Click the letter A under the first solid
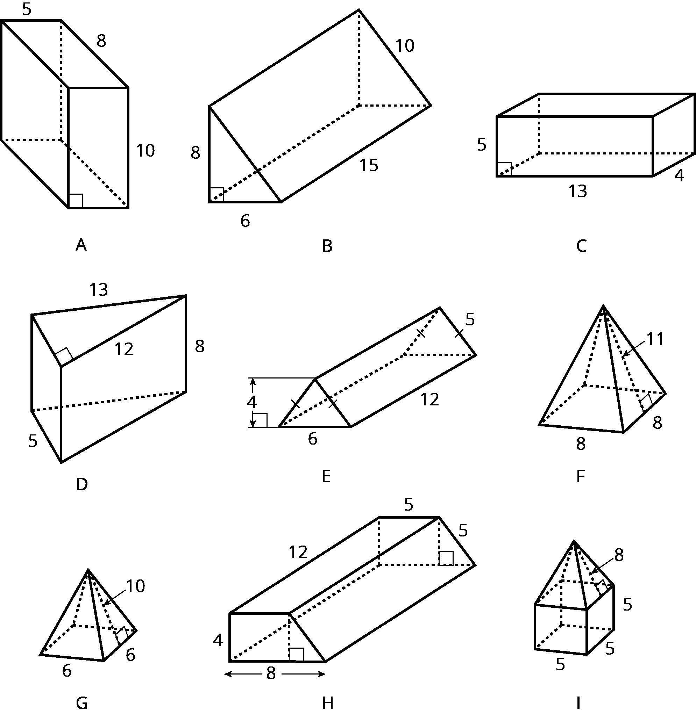pyautogui.click(x=81, y=245)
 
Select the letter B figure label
pyautogui.click(x=327, y=246)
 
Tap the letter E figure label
pyautogui.click(x=326, y=476)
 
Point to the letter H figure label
pyautogui.click(x=327, y=703)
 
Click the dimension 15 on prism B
pyautogui.click(x=369, y=165)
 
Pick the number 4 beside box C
pyautogui.click(x=679, y=176)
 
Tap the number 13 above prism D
pyautogui.click(x=99, y=290)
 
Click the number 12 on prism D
pyautogui.click(x=124, y=349)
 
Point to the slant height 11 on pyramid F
pyautogui.click(x=655, y=339)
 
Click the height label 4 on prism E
pyautogui.click(x=251, y=402)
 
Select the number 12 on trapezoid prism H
pyautogui.click(x=298, y=552)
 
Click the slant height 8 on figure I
pyautogui.click(x=618, y=555)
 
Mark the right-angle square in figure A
pyautogui.click(x=76, y=201)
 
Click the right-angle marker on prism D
pyautogui.click(x=64, y=356)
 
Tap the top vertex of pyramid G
pyautogui.click(x=88, y=569)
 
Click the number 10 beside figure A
pyautogui.click(x=145, y=151)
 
